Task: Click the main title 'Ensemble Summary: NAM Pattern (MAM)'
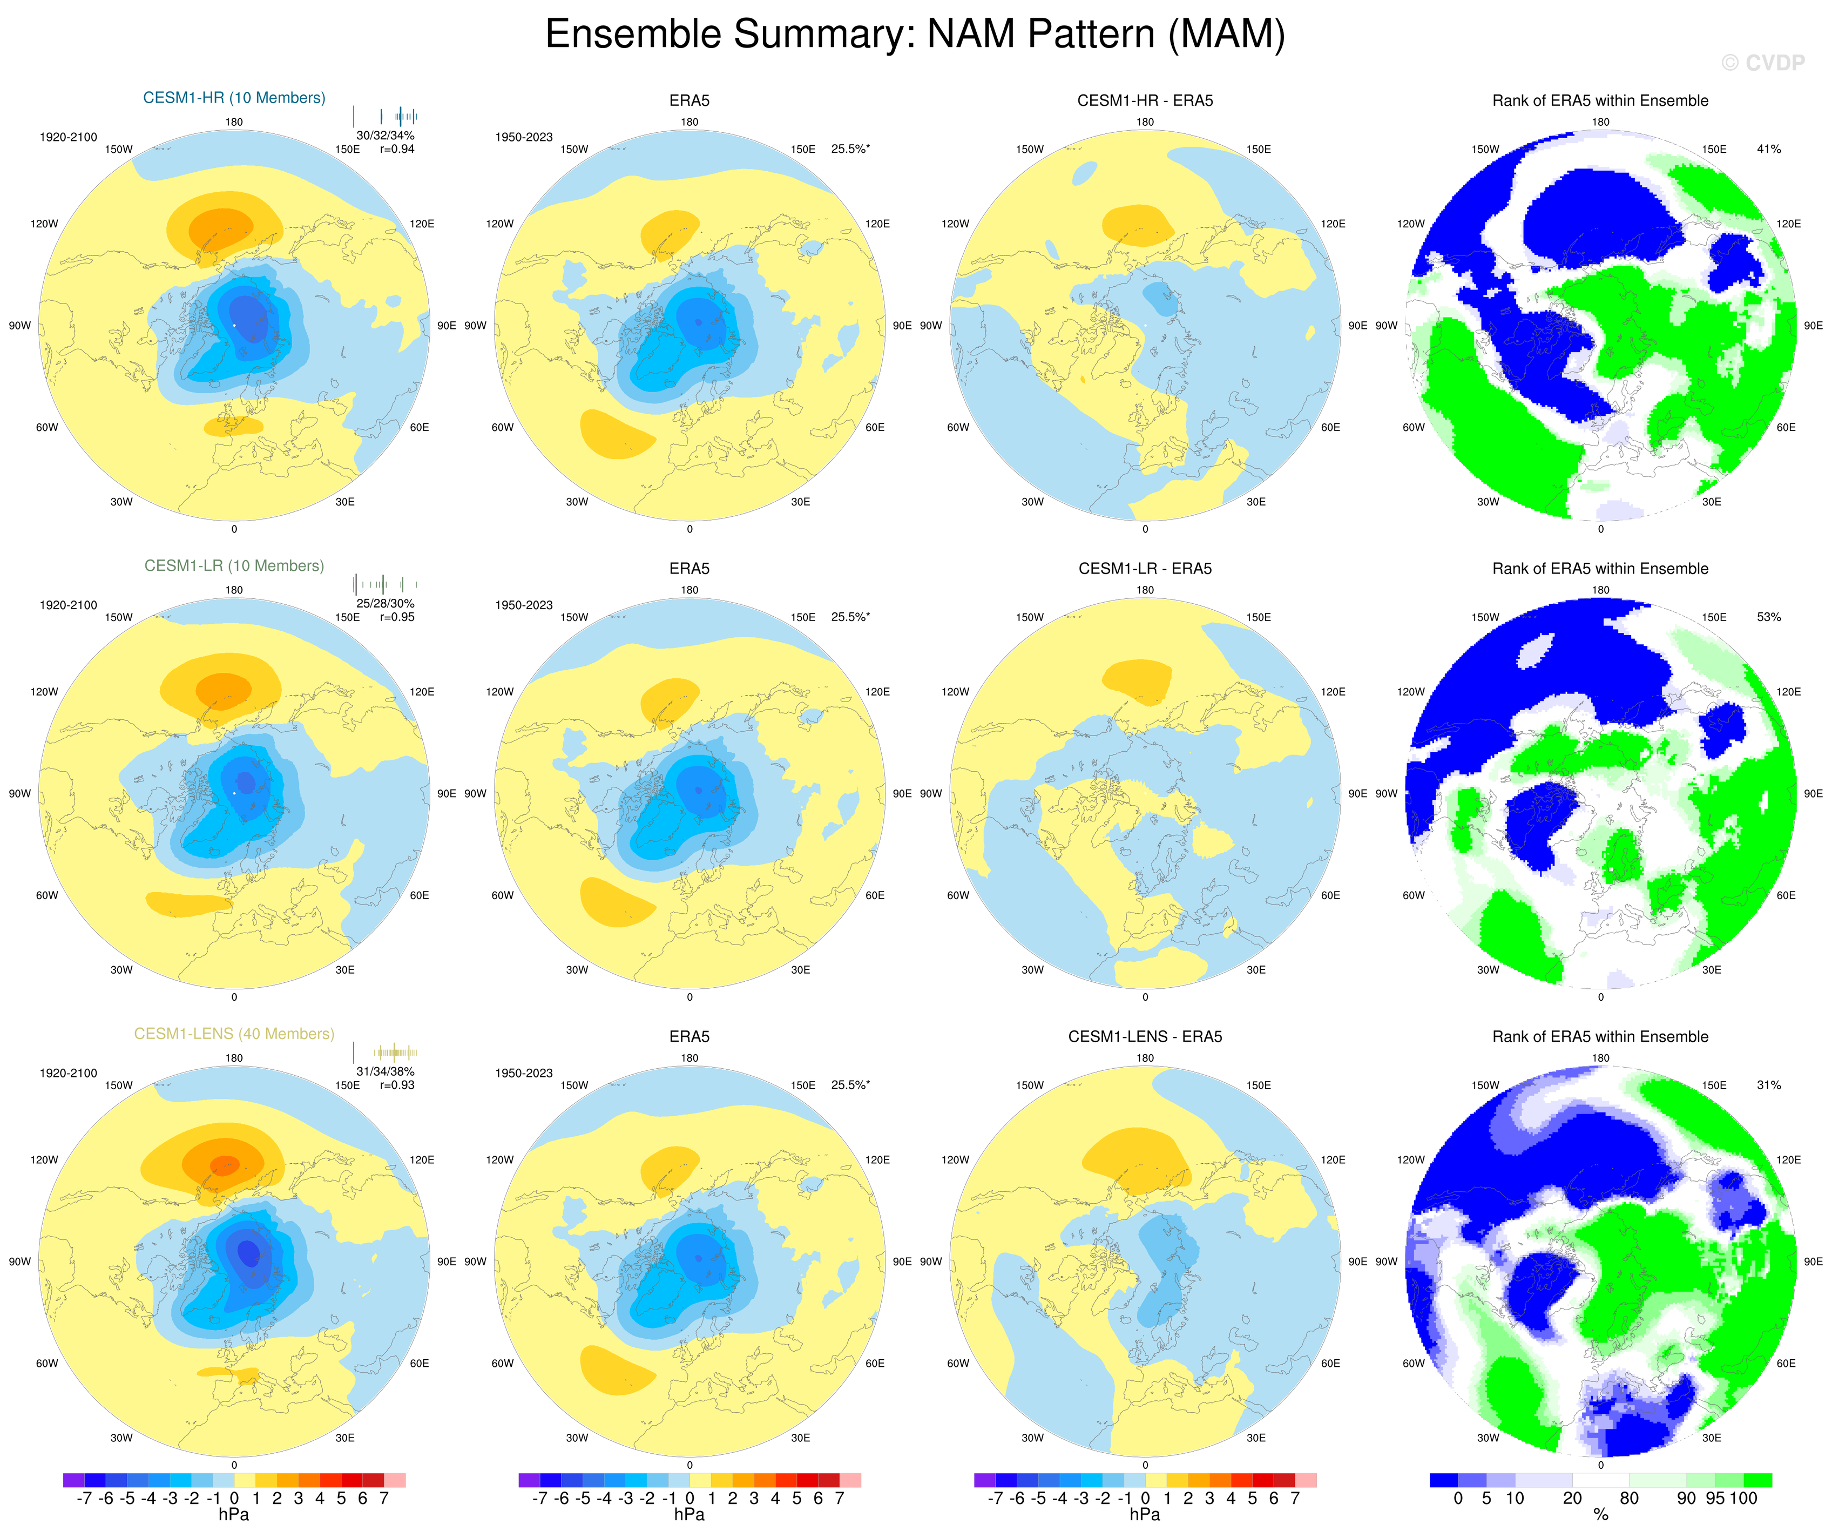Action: [x=915, y=35]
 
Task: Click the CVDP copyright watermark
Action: [x=1762, y=63]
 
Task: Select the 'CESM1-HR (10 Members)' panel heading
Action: [x=234, y=98]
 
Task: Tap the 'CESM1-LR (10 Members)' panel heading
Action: [x=234, y=565]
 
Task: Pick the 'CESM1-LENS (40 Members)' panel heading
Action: [x=234, y=1034]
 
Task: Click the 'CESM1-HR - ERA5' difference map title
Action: [x=1145, y=100]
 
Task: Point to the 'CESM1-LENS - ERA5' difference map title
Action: [x=1145, y=1036]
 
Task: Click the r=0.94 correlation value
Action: [x=397, y=149]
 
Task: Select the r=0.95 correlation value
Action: [x=397, y=617]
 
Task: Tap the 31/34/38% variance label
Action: [x=385, y=1071]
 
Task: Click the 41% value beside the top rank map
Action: [x=1768, y=149]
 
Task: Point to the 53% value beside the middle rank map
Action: [x=1768, y=617]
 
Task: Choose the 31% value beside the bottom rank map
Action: [x=1768, y=1085]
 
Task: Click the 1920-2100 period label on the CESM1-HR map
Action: [x=68, y=137]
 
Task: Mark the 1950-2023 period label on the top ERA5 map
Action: [x=523, y=137]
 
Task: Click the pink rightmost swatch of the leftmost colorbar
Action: [x=394, y=1480]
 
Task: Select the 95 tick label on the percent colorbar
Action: [x=1715, y=1499]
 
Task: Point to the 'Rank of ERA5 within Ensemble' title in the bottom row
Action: [x=1600, y=1036]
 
